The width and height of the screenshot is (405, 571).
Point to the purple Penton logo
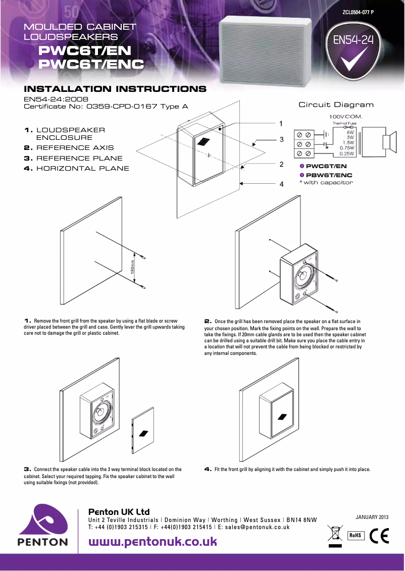coord(43,525)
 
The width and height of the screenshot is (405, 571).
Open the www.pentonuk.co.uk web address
coord(153,542)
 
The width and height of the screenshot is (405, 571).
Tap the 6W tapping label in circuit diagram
coord(349,132)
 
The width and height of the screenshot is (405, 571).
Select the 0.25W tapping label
coord(346,153)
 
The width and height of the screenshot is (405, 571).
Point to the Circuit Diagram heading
coord(336,105)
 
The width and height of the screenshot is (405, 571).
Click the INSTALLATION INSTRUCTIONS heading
coord(115,89)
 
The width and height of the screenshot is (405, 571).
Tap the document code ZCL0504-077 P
coord(358,12)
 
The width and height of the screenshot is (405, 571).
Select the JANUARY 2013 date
coord(372,517)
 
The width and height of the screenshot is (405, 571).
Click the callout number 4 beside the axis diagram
coord(281,184)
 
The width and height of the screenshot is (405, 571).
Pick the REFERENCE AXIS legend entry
coord(69,148)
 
